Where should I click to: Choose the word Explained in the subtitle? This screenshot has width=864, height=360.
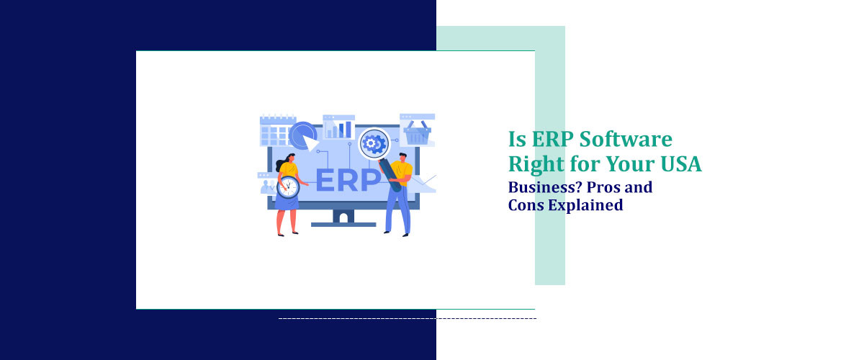[585, 205]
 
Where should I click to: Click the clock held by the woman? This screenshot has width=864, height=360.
[289, 186]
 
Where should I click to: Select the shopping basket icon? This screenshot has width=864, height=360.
[418, 132]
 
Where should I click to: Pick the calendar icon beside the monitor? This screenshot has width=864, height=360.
[277, 130]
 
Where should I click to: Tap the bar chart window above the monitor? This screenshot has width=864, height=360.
[338, 127]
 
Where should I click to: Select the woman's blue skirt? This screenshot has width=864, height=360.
[287, 202]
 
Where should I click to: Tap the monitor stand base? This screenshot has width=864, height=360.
[343, 224]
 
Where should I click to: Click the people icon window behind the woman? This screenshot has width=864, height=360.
[268, 184]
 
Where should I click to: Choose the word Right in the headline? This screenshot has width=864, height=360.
[533, 165]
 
